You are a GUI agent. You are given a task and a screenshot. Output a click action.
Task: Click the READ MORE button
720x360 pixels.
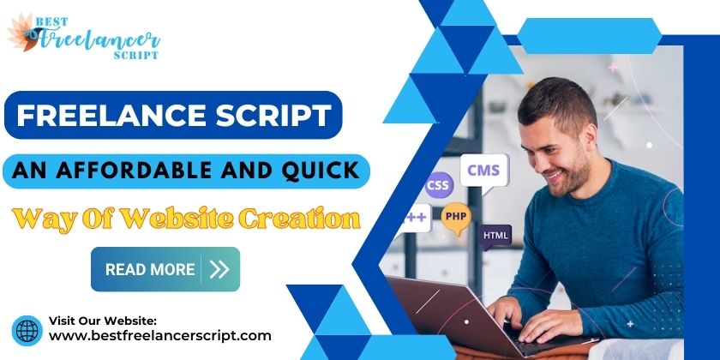(165, 269)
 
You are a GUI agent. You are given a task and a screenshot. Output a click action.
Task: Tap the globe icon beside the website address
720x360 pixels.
(27, 330)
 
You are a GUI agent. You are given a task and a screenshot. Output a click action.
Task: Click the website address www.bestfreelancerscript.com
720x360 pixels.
(159, 336)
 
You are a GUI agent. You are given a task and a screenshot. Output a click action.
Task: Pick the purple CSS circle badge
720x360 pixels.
(438, 185)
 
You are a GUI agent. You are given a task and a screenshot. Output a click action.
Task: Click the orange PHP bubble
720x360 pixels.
(455, 217)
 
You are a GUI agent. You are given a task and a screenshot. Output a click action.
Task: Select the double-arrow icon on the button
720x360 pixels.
(219, 269)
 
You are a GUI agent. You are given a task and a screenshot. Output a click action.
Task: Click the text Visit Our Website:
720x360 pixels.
(108, 319)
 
